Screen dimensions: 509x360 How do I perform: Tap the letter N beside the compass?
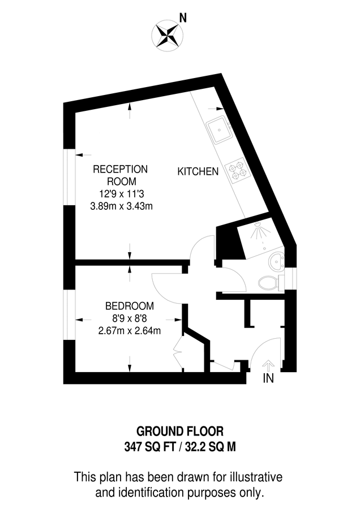click(183, 18)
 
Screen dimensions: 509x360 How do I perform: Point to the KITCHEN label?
click(198, 171)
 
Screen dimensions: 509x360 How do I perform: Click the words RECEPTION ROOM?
click(120, 175)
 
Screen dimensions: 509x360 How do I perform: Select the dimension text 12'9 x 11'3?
click(121, 194)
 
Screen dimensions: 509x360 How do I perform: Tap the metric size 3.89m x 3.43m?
click(121, 206)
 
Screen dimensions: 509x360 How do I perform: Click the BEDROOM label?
click(129, 306)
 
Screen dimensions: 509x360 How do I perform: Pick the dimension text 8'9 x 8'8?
click(129, 318)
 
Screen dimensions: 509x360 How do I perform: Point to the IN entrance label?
click(268, 379)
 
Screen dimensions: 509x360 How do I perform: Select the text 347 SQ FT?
click(147, 446)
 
